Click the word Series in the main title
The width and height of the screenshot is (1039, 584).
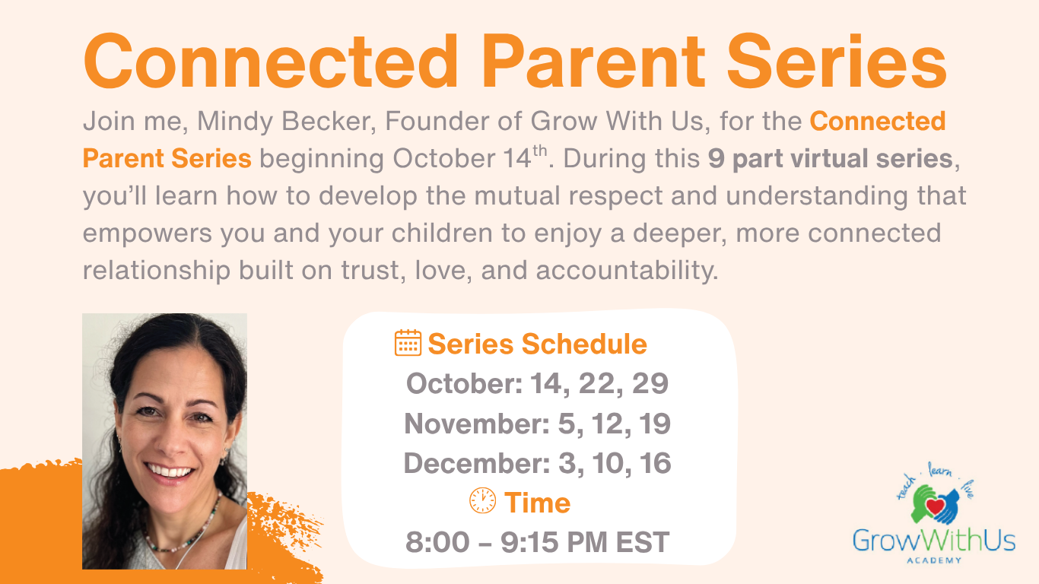[x=837, y=62]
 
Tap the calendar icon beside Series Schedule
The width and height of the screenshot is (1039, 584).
[x=408, y=343]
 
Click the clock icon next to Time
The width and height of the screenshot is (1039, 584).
[x=482, y=500]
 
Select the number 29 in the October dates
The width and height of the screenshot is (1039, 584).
[x=650, y=383]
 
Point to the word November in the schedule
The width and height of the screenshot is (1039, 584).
[x=477, y=424]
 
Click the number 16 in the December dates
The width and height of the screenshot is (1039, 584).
[x=654, y=463]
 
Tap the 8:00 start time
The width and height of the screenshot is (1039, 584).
[x=437, y=541]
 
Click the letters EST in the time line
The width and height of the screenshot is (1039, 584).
[x=643, y=541]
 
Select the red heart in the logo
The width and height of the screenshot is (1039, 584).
[x=935, y=506]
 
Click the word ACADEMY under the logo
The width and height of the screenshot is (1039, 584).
[x=934, y=560]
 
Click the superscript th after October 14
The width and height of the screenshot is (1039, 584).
[x=540, y=151]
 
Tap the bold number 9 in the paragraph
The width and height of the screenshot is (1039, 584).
[x=716, y=159]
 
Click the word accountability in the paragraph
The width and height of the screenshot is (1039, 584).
[x=627, y=271]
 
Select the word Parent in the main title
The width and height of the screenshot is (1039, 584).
[x=593, y=62]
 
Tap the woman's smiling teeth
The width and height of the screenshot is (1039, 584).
[x=170, y=471]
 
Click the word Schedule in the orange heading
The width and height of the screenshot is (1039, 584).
[x=584, y=344]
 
